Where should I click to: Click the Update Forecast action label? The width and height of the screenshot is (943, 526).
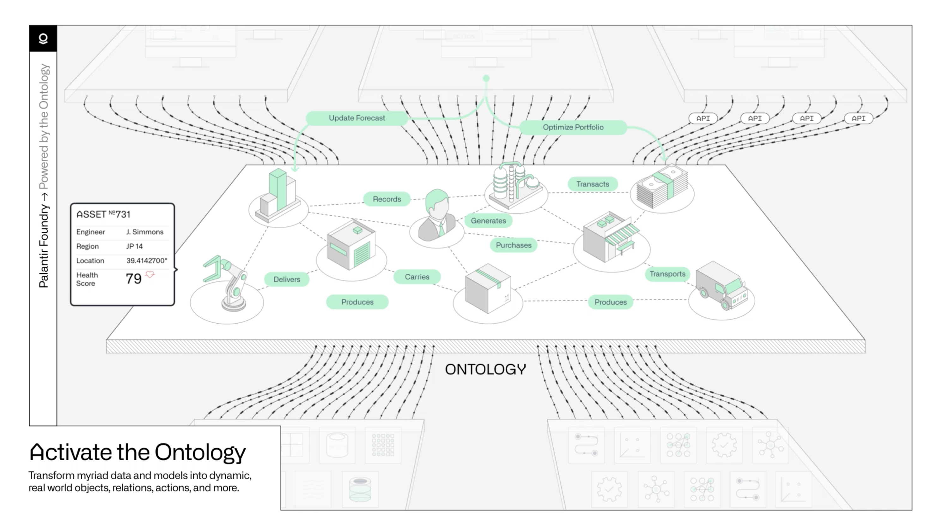[356, 118]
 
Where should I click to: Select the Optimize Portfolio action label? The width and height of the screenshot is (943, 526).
[573, 127]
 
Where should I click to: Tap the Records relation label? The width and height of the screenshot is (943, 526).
[386, 199]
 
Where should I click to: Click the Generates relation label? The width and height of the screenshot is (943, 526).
[488, 221]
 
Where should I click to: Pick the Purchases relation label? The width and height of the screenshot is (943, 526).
[513, 245]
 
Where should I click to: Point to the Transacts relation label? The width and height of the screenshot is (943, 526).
[592, 184]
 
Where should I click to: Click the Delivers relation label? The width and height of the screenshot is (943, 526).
[287, 279]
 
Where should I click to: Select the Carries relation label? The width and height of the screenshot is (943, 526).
[417, 277]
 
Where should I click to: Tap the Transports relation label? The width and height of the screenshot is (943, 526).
[667, 274]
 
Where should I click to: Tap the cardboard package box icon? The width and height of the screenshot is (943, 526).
[488, 289]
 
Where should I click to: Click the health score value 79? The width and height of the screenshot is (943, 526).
[133, 279]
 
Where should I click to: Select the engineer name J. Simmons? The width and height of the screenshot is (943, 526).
[145, 232]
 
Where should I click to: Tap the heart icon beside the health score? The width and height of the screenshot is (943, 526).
[150, 274]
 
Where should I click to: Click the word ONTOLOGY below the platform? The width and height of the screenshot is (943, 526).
[485, 369]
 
